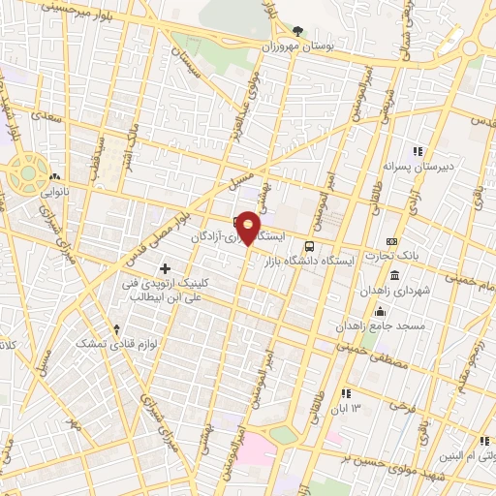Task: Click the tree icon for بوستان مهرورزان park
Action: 297,30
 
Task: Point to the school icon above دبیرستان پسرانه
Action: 418,151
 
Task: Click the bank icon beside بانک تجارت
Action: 391,241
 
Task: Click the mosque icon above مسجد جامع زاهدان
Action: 380,311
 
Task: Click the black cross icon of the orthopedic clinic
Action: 165,267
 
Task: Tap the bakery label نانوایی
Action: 53,193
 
